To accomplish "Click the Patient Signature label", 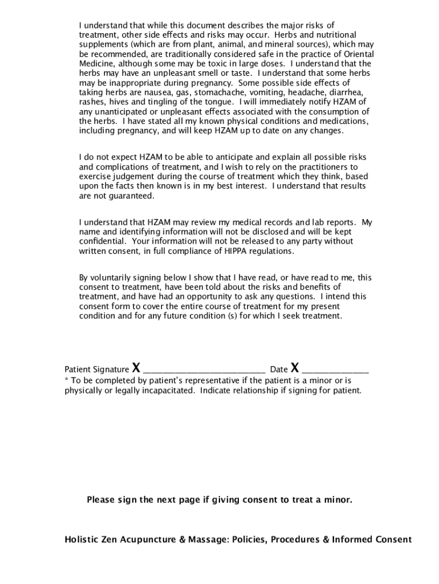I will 96,370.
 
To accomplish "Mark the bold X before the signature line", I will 136,367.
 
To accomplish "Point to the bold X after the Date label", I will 295,367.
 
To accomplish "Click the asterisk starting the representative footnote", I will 67,380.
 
